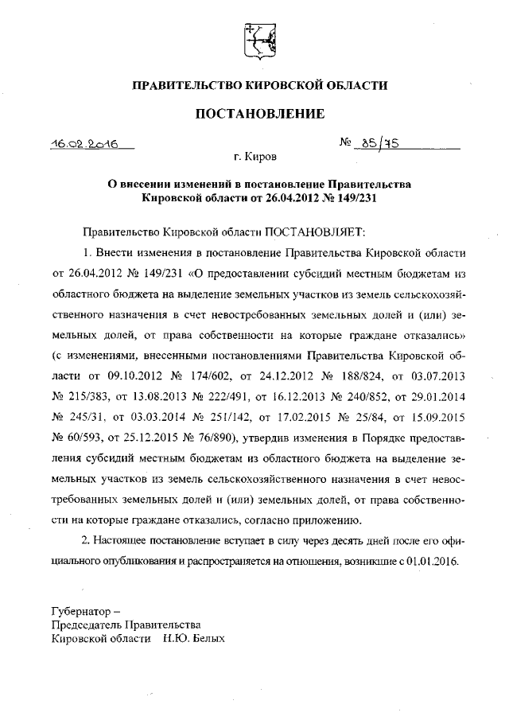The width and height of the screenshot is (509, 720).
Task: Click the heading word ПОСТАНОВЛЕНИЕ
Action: [260, 114]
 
